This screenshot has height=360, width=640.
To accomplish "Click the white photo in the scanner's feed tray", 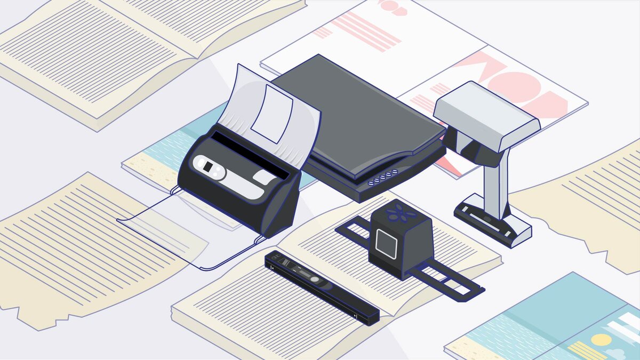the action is [x=271, y=115].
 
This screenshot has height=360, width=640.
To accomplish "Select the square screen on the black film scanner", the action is [x=386, y=241].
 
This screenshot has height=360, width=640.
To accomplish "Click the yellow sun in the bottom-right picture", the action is [x=602, y=340].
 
